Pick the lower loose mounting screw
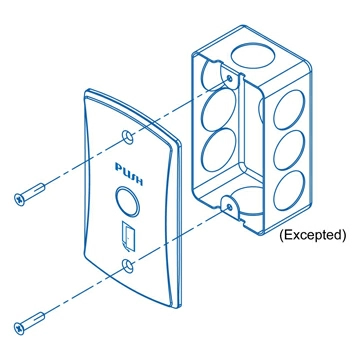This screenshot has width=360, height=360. click(x=30, y=323)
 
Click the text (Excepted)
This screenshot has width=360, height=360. click(x=311, y=236)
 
